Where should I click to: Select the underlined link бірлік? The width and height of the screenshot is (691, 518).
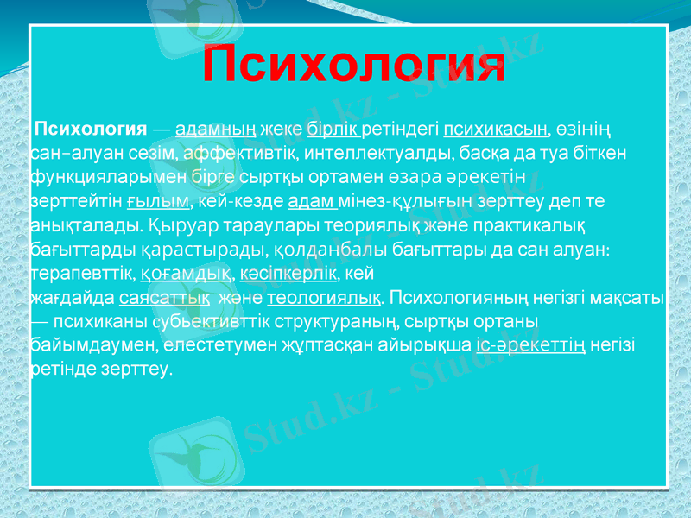tap(333, 130)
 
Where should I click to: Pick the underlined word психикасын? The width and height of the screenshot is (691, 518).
tap(496, 130)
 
